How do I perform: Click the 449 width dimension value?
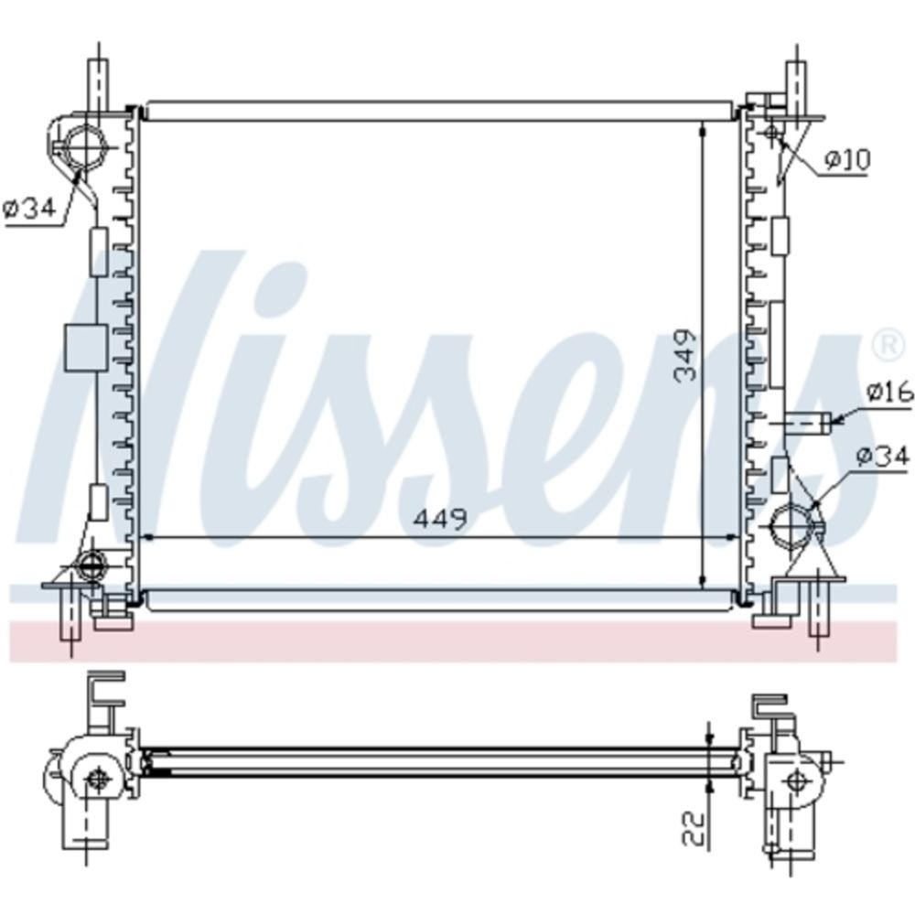[x=441, y=519]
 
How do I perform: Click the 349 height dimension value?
[x=685, y=356]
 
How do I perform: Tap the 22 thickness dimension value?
[x=694, y=829]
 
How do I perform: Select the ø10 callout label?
[x=848, y=159]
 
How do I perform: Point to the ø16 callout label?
[x=889, y=393]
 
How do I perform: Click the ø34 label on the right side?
[x=884, y=456]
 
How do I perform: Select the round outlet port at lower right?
[x=791, y=524]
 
